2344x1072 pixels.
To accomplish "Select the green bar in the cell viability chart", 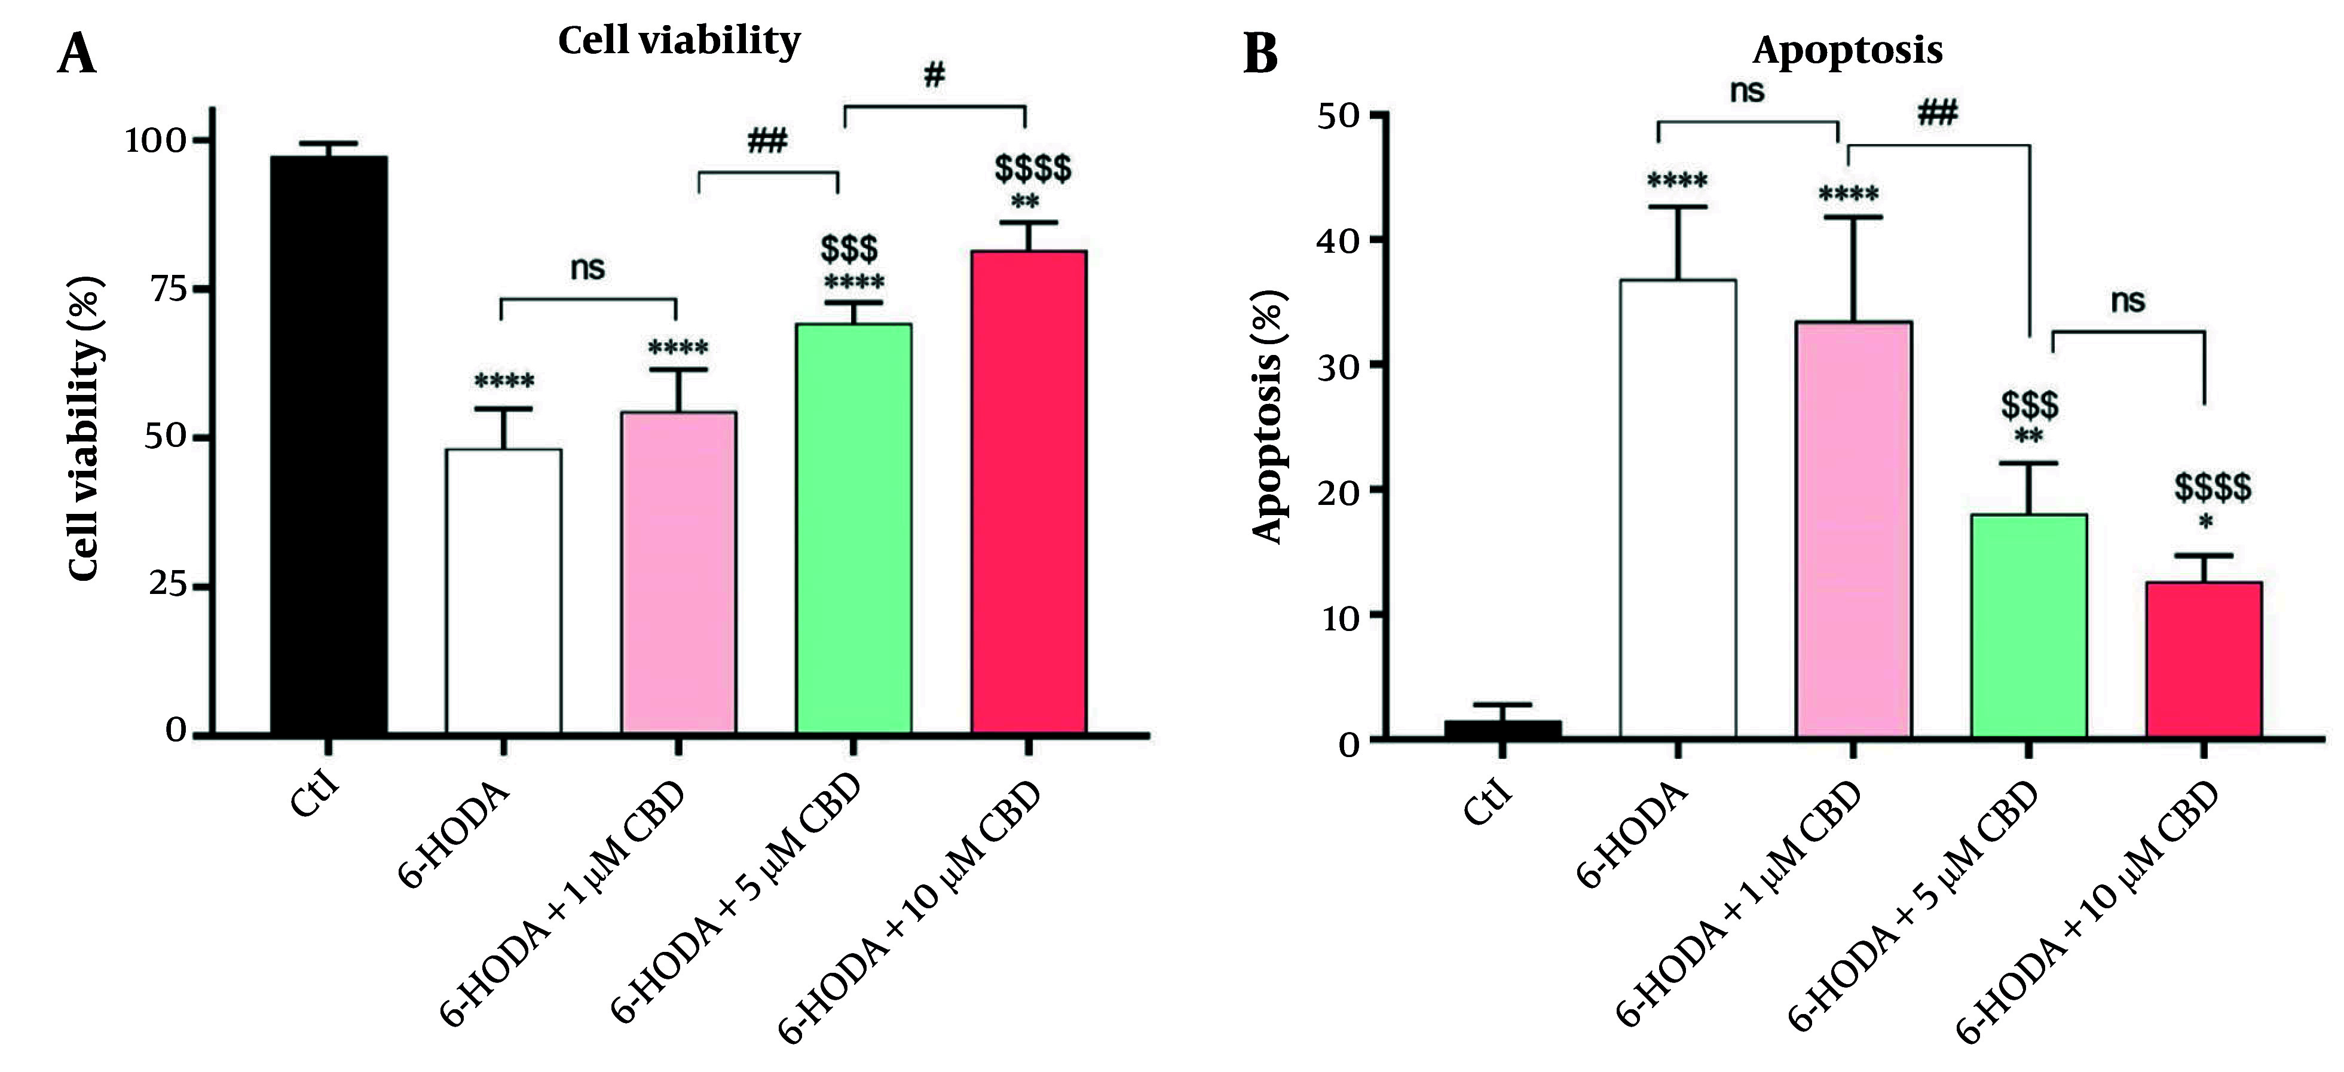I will click(853, 528).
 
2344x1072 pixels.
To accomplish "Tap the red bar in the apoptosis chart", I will click(2204, 659).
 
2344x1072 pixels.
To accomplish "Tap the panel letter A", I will click(76, 53).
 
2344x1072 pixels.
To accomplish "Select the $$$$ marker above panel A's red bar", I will click(1033, 169).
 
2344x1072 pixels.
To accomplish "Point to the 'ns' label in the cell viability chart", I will click(587, 268).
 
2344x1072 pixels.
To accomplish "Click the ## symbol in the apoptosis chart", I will click(1936, 114).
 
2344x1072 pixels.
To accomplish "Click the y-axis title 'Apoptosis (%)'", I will click(1268, 416).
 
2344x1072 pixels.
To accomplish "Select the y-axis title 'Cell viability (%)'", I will click(85, 428).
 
